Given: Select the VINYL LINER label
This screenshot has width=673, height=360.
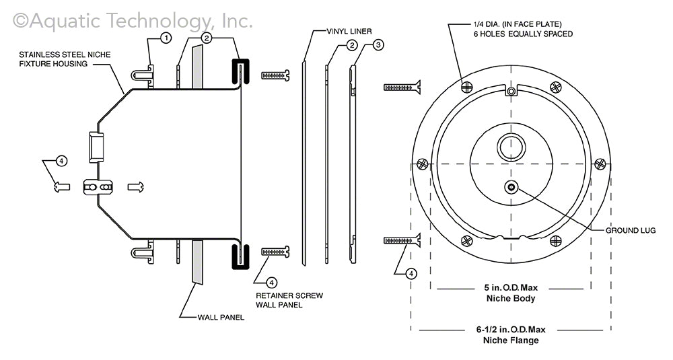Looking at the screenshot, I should pyautogui.click(x=350, y=31).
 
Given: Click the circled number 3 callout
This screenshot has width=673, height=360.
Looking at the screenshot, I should pyautogui.click(x=378, y=45).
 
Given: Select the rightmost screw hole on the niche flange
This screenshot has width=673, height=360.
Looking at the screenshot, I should pyautogui.click(x=600, y=163).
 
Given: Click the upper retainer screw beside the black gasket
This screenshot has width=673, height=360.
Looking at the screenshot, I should pyautogui.click(x=275, y=75).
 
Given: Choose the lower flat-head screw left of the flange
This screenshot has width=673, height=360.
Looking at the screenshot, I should pyautogui.click(x=402, y=240).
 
